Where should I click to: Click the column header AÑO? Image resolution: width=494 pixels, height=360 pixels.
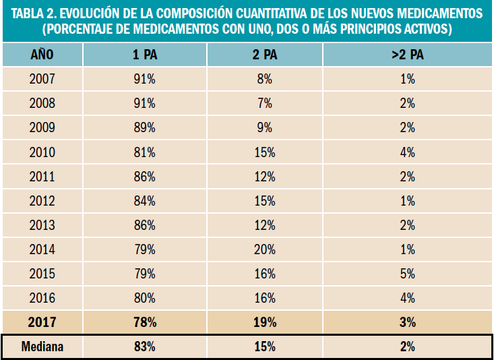42,55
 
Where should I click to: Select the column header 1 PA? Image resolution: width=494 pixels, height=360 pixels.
145,55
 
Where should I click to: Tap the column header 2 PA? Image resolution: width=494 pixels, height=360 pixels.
264,55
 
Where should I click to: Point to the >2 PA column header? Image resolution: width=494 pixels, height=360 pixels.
406,55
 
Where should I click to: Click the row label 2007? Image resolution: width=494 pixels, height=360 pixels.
42,79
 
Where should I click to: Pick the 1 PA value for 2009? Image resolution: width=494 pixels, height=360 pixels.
145,127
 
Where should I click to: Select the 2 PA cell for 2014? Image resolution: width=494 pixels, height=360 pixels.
264,249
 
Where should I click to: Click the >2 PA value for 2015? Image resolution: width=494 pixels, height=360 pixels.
406,274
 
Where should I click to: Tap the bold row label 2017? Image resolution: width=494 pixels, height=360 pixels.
42,322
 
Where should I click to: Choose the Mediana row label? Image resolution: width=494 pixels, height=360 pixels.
42,347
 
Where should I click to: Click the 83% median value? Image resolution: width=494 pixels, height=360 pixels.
145,347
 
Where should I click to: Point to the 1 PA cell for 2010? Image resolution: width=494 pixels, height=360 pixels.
145,152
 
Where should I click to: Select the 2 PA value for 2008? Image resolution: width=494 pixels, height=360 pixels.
264,103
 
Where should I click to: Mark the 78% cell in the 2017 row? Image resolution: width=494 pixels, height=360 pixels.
145,322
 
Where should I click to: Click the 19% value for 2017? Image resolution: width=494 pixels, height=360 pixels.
264,322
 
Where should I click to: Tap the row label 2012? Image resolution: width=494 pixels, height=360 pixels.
42,201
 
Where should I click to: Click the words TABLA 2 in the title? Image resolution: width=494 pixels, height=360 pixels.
32,13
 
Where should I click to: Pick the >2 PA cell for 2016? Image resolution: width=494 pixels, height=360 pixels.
406,298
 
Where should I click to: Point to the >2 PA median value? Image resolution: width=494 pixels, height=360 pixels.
406,347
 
